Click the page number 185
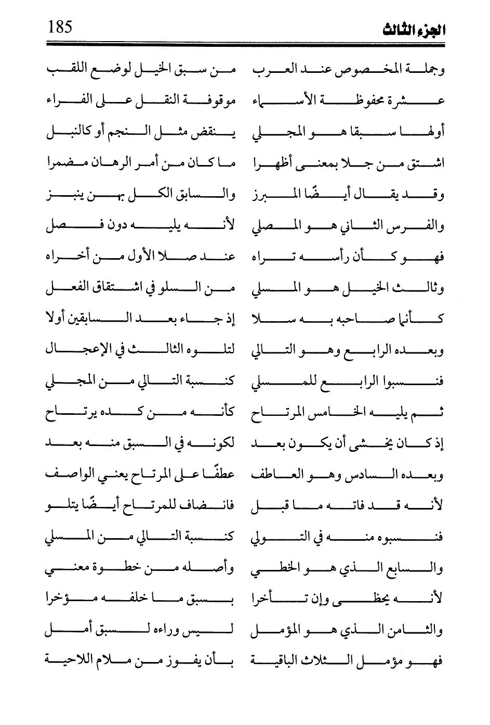click(60, 26)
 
